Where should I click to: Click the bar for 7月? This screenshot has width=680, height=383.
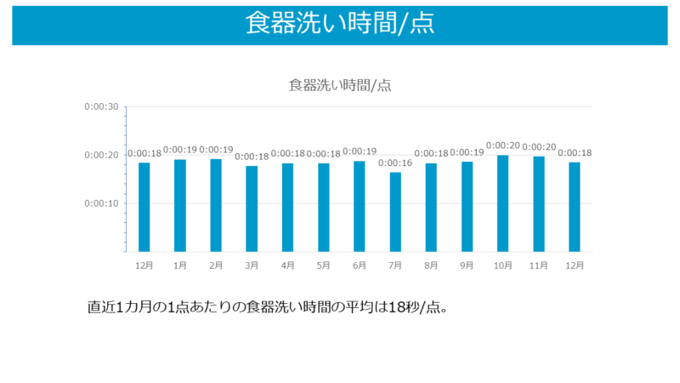395,212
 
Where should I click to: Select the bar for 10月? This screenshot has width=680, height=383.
502,203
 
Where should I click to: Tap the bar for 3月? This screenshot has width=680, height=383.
252,209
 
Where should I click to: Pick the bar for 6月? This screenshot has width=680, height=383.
360,206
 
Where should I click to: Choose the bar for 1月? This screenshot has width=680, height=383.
180,205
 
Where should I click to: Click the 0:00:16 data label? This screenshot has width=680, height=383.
395,163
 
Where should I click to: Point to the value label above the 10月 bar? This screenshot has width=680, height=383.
502,146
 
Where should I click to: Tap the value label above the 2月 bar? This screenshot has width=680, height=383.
216,150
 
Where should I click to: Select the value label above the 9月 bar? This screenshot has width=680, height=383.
467,152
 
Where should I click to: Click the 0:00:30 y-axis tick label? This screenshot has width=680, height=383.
101,106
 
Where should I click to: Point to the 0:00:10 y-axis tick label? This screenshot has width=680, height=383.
101,203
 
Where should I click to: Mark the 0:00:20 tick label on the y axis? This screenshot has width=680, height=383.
101,155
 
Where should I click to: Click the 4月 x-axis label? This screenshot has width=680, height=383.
287,266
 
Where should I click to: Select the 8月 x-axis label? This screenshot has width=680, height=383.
431,266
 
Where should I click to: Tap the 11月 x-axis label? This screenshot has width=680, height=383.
538,266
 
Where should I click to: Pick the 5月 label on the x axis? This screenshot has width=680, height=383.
323,266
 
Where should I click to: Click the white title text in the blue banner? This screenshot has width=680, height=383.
340,23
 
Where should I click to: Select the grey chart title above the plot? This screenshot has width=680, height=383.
340,84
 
